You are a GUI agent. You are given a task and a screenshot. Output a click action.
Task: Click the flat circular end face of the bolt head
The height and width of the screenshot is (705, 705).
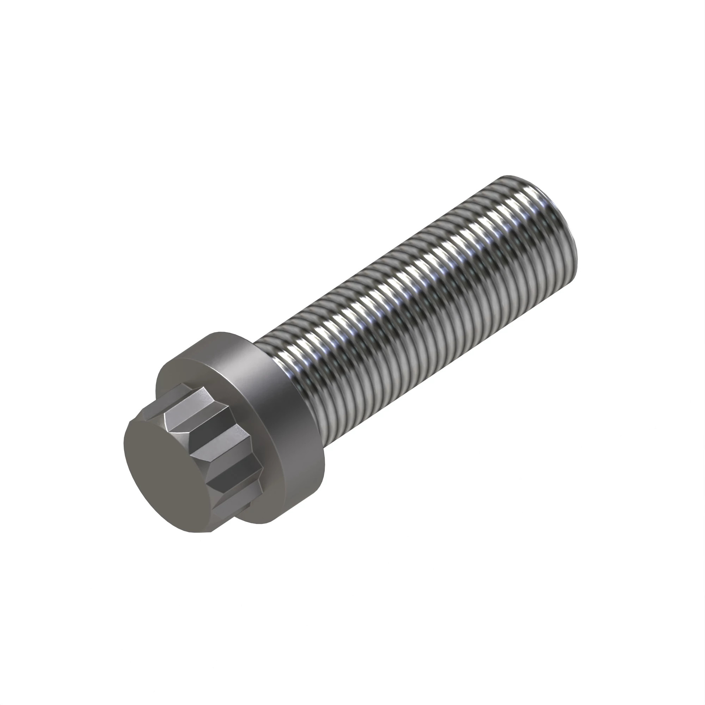[166, 474]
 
